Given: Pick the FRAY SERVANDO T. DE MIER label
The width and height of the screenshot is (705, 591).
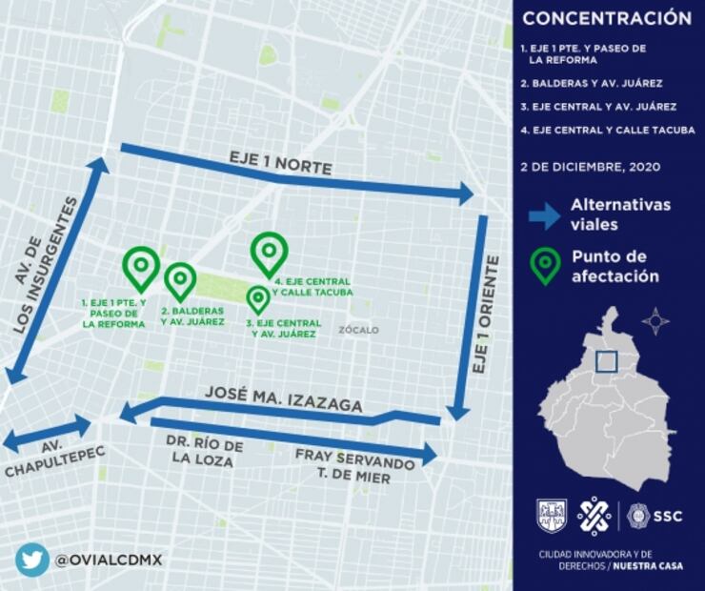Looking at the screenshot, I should [355, 465].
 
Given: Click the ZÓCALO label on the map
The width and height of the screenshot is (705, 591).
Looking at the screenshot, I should [358, 330].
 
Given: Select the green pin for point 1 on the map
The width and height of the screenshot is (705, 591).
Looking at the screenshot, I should [141, 266].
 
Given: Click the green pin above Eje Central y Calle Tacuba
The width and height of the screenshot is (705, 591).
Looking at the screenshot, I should [270, 252].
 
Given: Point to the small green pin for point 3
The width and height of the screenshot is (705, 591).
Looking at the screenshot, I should [257, 298].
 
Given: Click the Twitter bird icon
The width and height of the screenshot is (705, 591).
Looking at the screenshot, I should [31, 559].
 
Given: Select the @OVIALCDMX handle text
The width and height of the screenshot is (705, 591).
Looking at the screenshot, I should [108, 560].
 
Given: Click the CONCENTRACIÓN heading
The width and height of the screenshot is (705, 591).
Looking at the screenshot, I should [607, 17].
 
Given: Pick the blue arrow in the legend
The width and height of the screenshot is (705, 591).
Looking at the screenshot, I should [544, 215].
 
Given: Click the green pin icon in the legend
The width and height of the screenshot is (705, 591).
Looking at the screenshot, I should [545, 266].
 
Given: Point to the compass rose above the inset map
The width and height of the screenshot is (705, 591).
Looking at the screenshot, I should [655, 321].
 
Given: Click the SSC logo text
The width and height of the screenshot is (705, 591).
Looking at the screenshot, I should [667, 516].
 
